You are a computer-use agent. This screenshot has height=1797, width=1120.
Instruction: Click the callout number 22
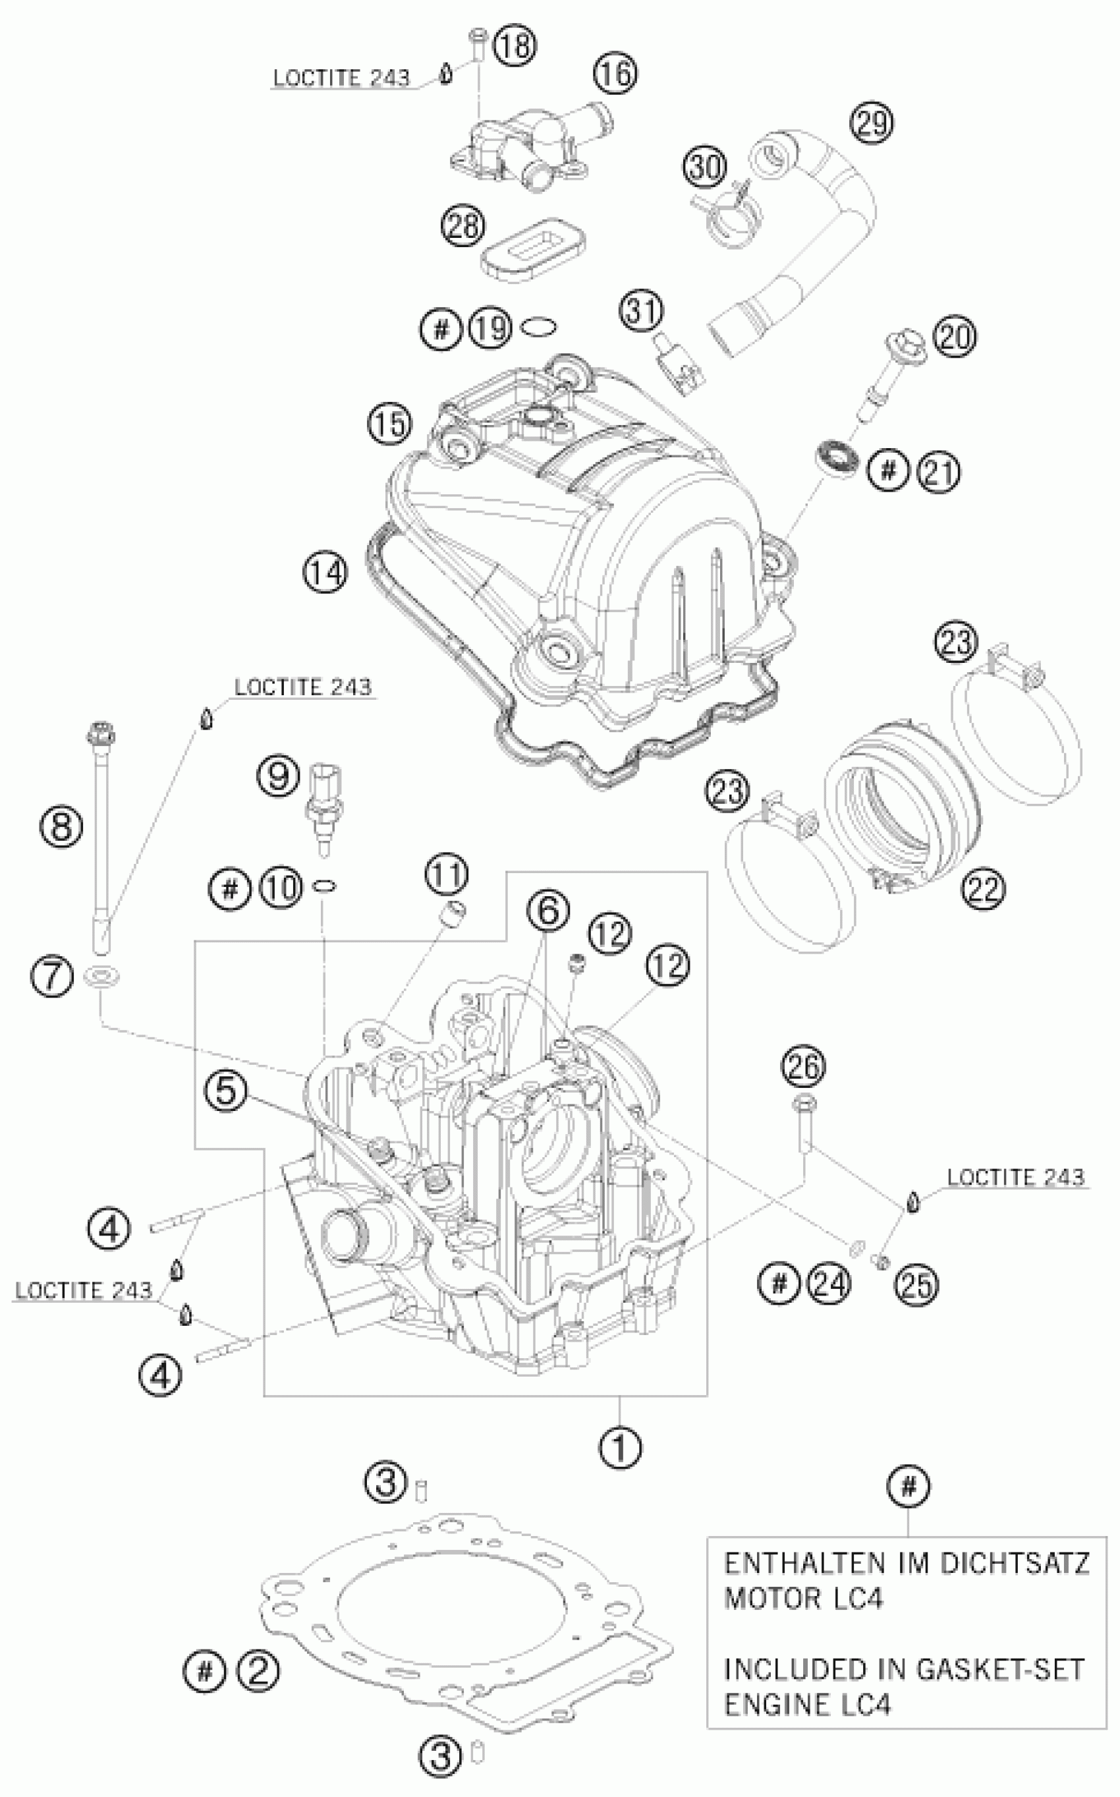click(x=984, y=888)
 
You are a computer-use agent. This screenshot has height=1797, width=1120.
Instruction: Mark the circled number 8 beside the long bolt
click(x=61, y=826)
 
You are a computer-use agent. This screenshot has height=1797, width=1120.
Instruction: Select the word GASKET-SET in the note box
click(x=1000, y=1669)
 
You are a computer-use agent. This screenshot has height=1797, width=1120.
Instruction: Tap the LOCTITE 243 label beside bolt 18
click(x=341, y=78)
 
